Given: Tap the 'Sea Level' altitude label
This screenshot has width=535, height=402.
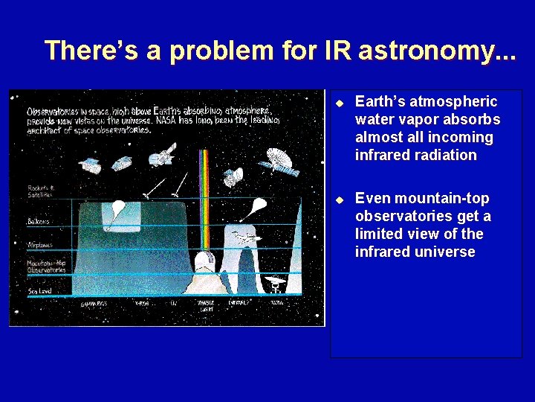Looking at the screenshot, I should pos(40,291).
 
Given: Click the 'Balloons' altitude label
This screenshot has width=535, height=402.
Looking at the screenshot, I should pos(39,221).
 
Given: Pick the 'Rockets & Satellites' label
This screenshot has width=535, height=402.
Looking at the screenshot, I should pos(42,191).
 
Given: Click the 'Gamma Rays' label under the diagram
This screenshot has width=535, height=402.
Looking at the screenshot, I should pos(95,304).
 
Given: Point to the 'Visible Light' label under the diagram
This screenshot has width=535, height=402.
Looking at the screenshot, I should pos(205,305).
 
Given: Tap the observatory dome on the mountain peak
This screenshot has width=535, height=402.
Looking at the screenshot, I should pos(204,261).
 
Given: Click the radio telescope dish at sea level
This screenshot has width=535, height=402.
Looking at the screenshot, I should pos(276,283).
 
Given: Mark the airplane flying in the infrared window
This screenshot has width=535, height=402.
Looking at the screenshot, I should pos(244,237).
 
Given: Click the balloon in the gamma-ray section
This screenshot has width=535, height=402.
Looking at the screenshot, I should pos(117,209).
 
